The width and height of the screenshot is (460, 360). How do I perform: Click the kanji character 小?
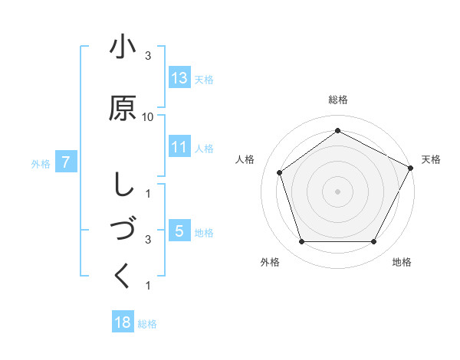coord(123,47)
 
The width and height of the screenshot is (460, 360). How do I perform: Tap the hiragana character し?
coord(123,184)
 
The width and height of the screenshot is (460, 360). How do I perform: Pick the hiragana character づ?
coord(123,230)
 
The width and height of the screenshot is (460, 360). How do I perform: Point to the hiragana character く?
coord(123,275)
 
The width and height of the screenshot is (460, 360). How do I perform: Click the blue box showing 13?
coord(179,78)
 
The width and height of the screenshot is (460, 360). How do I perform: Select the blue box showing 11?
coord(179,147)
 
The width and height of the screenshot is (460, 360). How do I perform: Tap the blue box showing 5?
coord(179,231)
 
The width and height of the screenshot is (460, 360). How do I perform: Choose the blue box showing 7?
coord(67,162)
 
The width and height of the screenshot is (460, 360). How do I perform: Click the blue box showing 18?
coord(123,322)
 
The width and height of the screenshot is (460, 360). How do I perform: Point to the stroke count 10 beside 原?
coord(148,116)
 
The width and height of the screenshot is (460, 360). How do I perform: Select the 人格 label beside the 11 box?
coord(204,149)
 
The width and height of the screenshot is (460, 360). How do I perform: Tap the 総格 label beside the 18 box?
coord(147,324)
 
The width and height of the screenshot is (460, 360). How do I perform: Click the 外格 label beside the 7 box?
coord(41,163)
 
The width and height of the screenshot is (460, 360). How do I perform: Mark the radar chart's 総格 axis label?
coord(337,100)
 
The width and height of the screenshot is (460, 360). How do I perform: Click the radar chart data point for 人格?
coord(280,172)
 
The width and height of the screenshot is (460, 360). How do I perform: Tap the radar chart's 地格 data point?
coord(373,241)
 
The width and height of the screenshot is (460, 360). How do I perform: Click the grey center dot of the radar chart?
coord(337,191)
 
